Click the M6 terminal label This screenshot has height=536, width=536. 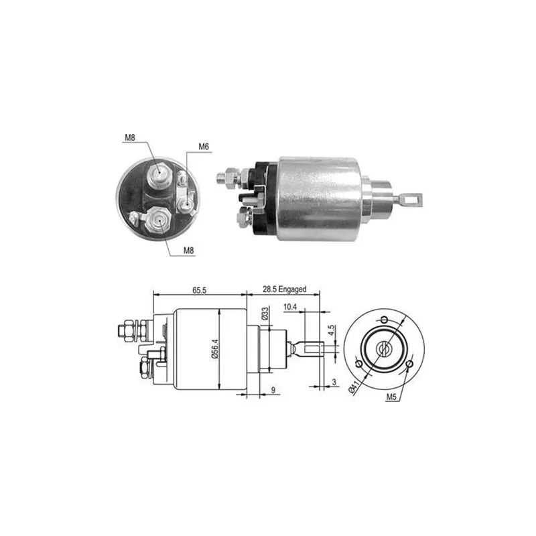[204, 147]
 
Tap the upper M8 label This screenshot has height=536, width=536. [130, 137]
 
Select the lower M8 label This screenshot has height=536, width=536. [189, 250]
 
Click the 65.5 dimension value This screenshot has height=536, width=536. [199, 290]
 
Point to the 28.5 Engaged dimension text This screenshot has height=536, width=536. [284, 289]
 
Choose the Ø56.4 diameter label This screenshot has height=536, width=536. [215, 348]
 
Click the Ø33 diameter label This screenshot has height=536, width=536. [264, 314]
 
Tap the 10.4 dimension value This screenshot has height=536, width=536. [290, 307]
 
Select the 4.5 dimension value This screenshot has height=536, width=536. [331, 330]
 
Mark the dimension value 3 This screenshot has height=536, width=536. [334, 382]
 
